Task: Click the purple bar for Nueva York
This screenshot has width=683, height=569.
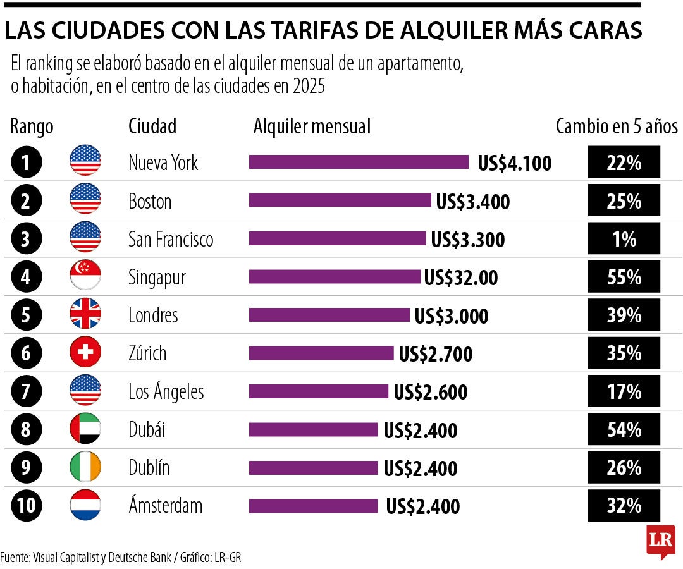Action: pyautogui.click(x=359, y=162)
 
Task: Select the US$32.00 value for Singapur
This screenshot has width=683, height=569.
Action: pyautogui.click(x=460, y=278)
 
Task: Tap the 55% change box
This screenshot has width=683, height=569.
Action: pyautogui.click(x=624, y=278)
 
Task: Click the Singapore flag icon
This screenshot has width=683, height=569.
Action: pyautogui.click(x=85, y=277)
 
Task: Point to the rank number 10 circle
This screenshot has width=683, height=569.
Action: pyautogui.click(x=26, y=506)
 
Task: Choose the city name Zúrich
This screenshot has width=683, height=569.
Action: pyautogui.click(x=147, y=353)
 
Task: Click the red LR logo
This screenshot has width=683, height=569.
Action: pyautogui.click(x=660, y=541)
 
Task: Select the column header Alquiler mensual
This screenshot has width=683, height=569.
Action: pyautogui.click(x=312, y=126)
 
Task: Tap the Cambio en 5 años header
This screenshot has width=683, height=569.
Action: pyautogui.click(x=617, y=126)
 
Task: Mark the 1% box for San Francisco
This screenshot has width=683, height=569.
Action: pyautogui.click(x=624, y=240)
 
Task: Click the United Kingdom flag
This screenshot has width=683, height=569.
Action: pyautogui.click(x=85, y=315)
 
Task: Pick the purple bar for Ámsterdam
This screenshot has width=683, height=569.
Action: pyautogui.click(x=313, y=506)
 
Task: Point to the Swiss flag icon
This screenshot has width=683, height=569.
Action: pyautogui.click(x=85, y=353)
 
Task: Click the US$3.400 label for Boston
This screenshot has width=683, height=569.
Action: pyautogui.click(x=472, y=202)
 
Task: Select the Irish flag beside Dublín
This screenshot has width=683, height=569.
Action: pyautogui.click(x=85, y=468)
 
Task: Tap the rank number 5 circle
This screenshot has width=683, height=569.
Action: pyautogui.click(x=26, y=315)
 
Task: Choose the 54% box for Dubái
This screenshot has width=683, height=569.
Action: pyautogui.click(x=624, y=430)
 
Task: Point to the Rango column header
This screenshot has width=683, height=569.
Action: pyautogui.click(x=32, y=126)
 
